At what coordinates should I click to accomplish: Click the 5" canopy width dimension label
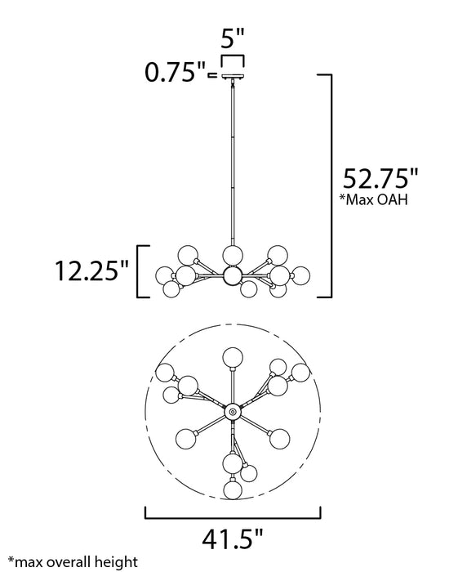coord(232,38)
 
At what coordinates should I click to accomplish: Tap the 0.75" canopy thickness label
coord(176,72)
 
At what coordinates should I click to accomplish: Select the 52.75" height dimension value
coord(380,178)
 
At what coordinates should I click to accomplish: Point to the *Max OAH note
coord(373,199)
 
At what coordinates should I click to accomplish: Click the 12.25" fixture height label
coord(91,270)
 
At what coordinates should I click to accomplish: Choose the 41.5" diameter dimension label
coord(232,539)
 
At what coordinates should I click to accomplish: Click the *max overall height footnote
coord(73,562)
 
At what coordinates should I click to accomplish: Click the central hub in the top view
coord(233,412)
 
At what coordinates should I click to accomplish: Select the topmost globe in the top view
coord(233,358)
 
